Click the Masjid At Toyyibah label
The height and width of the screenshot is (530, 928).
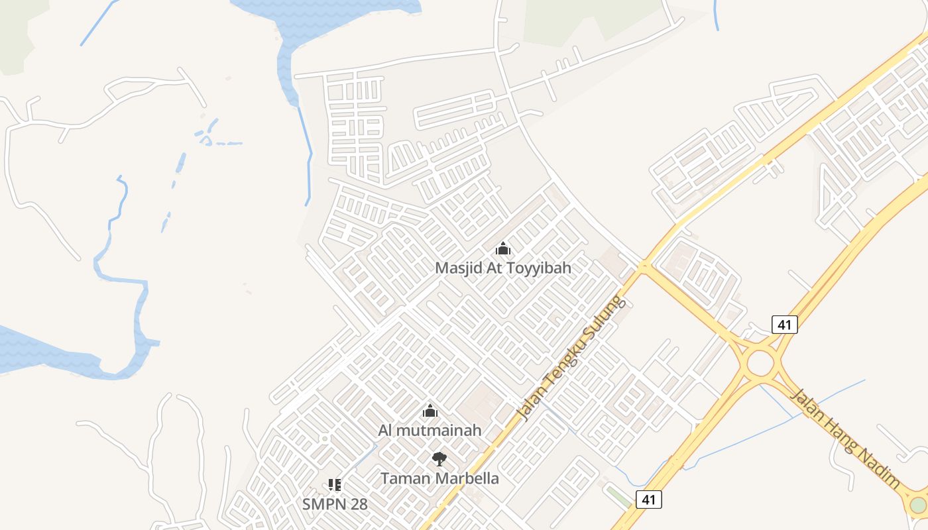click(502, 268)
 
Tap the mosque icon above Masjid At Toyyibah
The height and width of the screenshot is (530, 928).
click(503, 249)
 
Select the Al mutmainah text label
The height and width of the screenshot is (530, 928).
click(430, 430)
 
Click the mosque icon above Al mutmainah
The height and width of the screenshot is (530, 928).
click(430, 411)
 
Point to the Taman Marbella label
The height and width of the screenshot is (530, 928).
click(439, 478)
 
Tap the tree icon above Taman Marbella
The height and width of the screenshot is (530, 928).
click(439, 458)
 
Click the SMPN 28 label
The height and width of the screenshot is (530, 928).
click(335, 503)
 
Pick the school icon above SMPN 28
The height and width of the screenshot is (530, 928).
click(335, 485)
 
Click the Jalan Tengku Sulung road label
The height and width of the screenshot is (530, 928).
click(571, 358)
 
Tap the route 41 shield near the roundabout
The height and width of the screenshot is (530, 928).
click(785, 324)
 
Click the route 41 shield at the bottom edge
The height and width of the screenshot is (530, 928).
click(648, 499)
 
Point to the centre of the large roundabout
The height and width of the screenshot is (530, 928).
click(760, 362)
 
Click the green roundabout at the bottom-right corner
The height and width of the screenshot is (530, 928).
click(918, 505)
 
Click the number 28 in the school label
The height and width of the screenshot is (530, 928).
click(358, 503)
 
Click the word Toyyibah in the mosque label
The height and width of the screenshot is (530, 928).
click(539, 268)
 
